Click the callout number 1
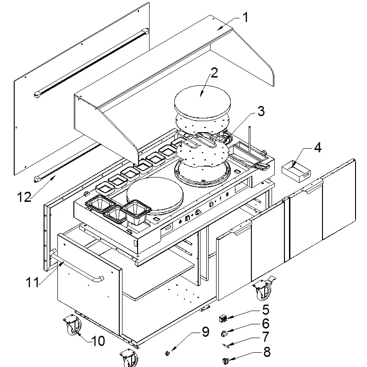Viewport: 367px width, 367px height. (245, 17)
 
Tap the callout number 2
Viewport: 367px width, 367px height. (214, 73)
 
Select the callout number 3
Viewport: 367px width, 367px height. (261, 111)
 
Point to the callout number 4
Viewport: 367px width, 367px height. (317, 148)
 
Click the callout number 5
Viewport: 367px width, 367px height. (266, 310)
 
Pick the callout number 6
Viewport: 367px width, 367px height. (266, 323)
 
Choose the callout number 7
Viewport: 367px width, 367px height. (266, 337)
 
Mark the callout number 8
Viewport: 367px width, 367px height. (267, 352)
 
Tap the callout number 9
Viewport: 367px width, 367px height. (206, 332)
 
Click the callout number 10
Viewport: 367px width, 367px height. (98, 341)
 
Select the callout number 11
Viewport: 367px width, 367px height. (32, 282)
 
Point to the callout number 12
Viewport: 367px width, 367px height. (24, 197)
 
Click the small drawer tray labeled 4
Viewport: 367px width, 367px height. (296, 171)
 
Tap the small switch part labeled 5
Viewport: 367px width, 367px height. (223, 318)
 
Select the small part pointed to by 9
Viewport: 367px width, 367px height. (167, 353)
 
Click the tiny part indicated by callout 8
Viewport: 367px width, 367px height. (225, 361)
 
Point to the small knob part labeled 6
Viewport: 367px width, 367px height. (224, 334)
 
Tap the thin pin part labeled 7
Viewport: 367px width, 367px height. (226, 345)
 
